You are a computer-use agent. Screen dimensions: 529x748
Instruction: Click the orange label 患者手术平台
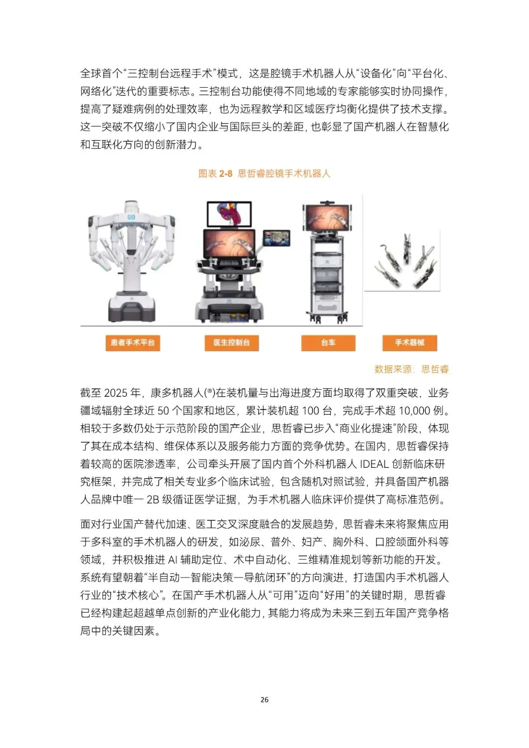pos(133,342)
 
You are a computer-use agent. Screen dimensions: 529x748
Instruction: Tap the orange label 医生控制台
pos(232,342)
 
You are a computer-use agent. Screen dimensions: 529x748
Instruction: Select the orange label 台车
pos(328,342)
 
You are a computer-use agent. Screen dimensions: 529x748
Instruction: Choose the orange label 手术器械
pos(410,342)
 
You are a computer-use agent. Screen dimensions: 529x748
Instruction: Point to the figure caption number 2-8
pos(226,173)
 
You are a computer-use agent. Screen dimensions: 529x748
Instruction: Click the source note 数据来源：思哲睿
pos(411,369)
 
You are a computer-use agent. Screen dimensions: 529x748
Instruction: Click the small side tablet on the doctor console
pos(276,238)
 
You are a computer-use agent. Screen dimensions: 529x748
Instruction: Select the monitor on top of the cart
pos(328,217)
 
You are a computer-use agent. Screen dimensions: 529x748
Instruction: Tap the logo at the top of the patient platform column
pos(131,217)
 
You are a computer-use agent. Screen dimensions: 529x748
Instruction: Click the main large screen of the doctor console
pos(229,244)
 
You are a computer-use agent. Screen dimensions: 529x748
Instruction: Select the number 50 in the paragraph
pos(163,410)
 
